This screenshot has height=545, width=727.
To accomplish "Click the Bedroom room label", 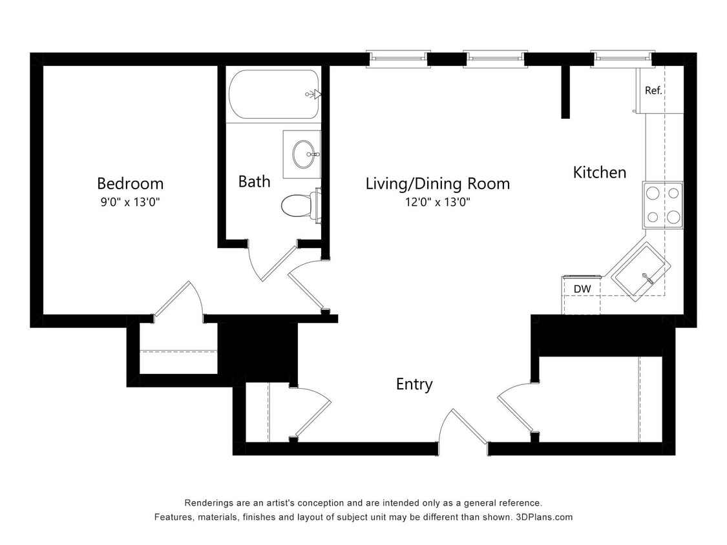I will tap(130, 183).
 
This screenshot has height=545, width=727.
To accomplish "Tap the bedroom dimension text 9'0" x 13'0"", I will tap(130, 202).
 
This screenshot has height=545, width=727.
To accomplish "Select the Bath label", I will tap(254, 181).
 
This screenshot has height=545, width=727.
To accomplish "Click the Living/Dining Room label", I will tap(437, 184).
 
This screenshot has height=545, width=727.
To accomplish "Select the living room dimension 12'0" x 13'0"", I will tap(437, 202).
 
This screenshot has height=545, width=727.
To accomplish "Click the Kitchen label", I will tap(600, 172).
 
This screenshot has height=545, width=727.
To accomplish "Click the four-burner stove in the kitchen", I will tap(663, 205).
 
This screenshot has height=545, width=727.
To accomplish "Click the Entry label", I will tap(414, 384).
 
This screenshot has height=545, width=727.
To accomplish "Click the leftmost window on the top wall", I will tap(398, 59).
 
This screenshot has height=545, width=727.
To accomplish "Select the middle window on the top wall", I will tap(495, 59).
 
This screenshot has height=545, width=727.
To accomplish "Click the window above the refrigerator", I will tap(623, 59).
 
